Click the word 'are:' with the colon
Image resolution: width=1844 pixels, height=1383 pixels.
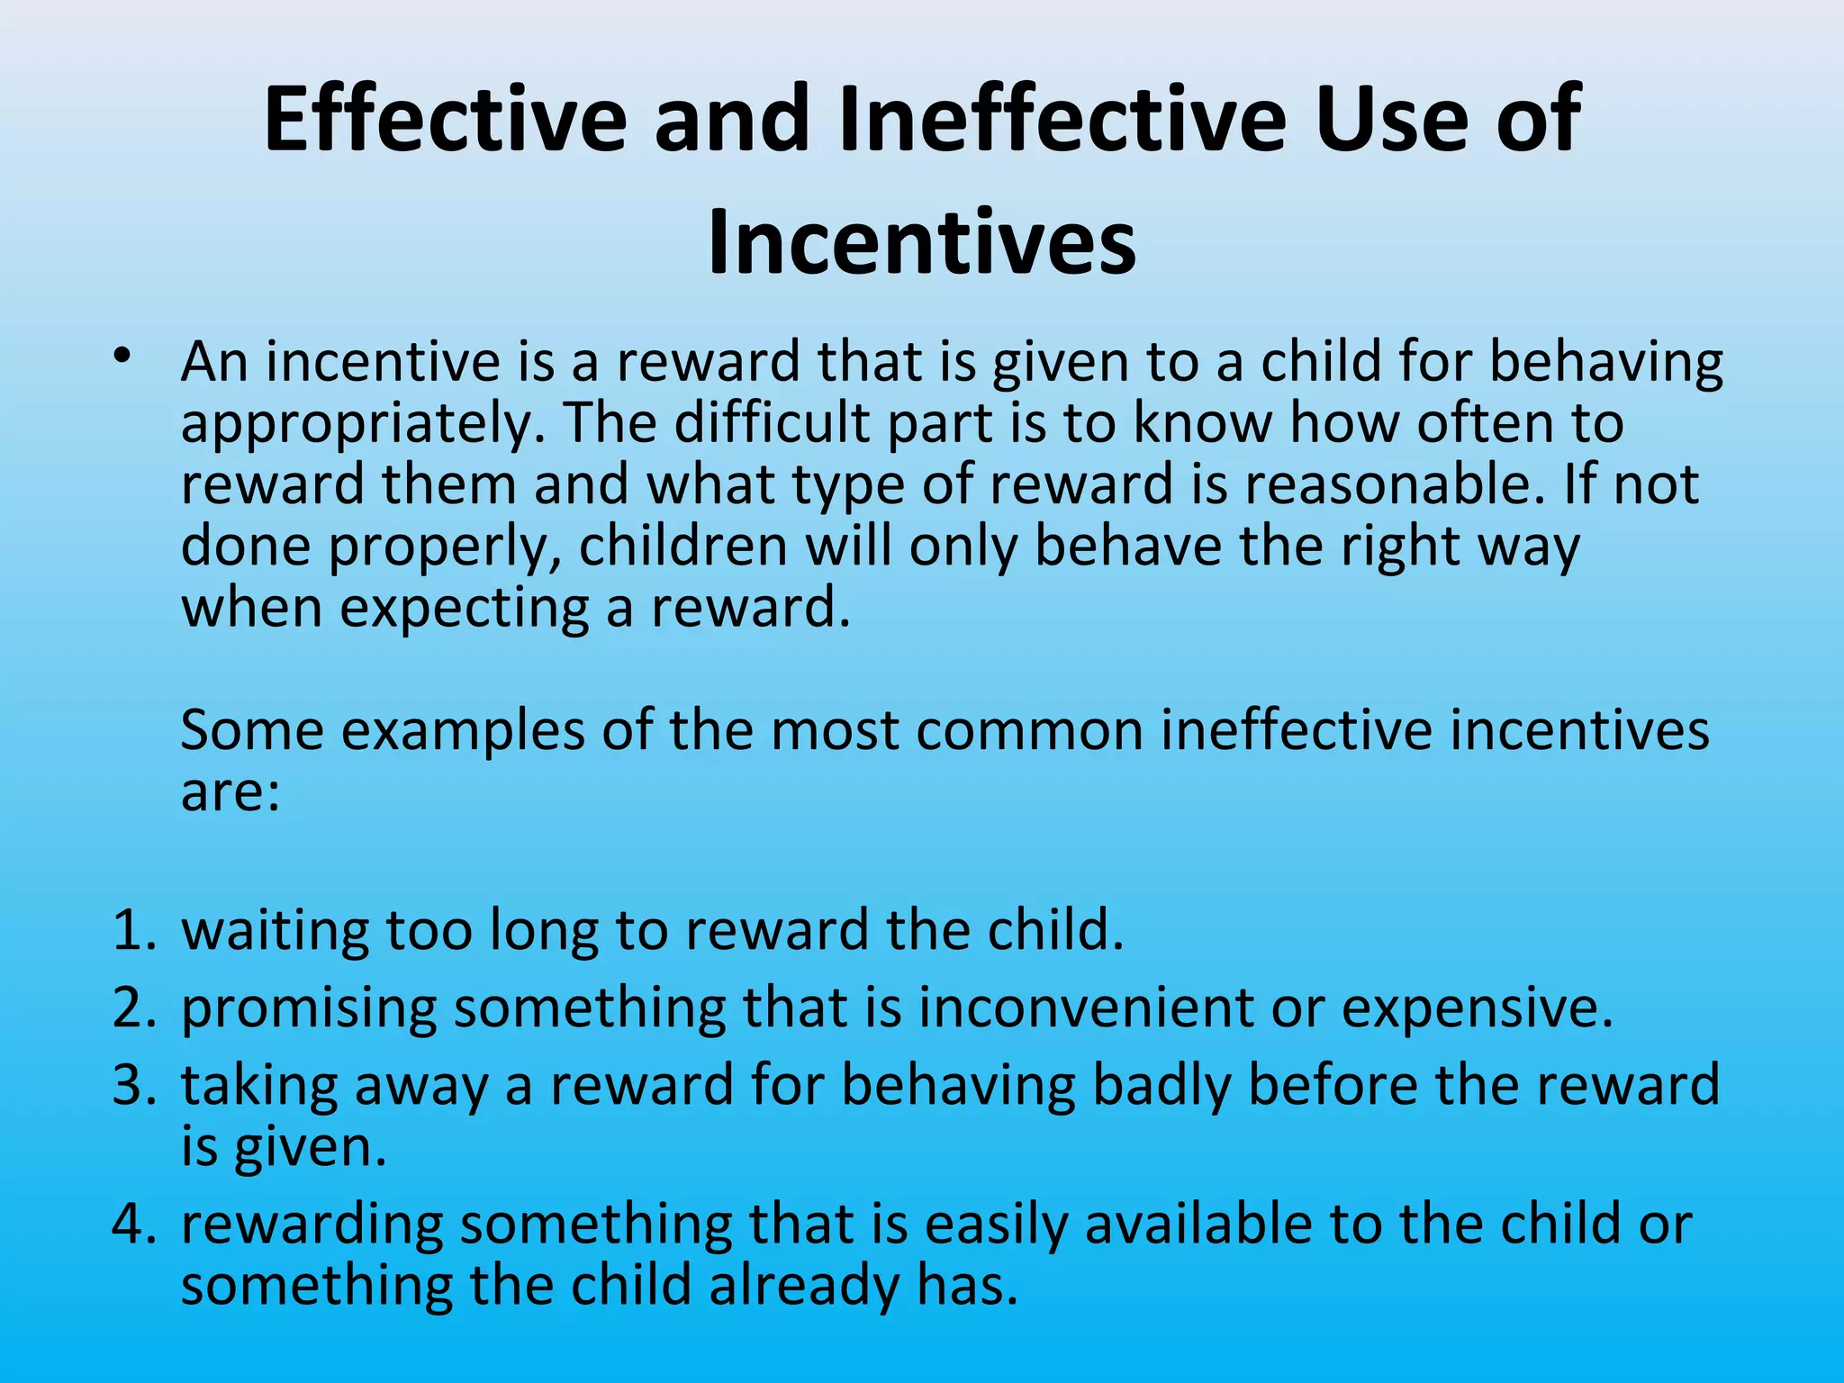tap(230, 792)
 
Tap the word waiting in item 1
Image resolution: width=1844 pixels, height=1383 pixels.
tap(275, 931)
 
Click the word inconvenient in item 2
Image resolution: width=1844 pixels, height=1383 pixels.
tap(1085, 1008)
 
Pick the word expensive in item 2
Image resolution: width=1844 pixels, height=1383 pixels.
tap(1477, 1008)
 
